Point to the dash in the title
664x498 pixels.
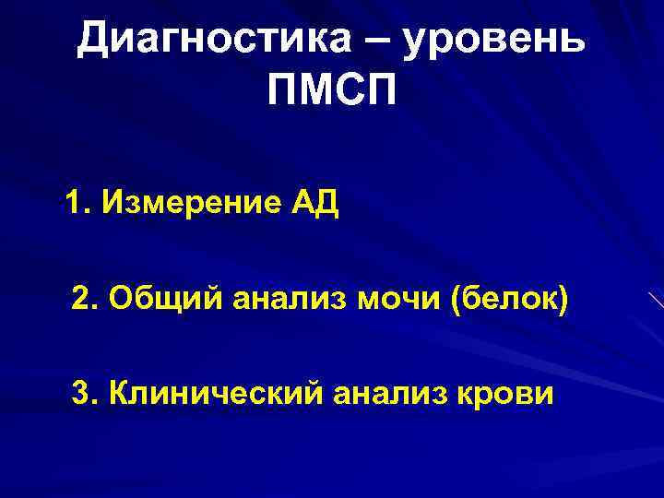pos(369,39)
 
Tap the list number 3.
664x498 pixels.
pos(81,394)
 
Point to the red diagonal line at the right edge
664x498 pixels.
pos(656,300)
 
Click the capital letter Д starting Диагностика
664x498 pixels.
pos(93,38)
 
